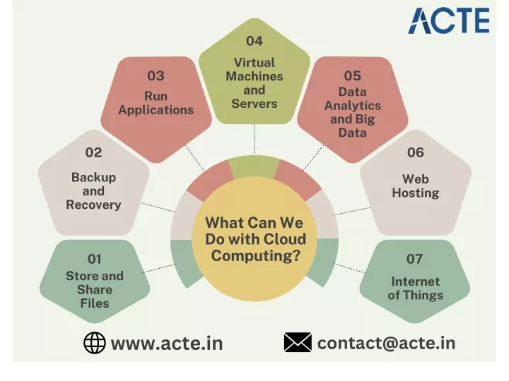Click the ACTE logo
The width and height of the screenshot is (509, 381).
click(x=449, y=20)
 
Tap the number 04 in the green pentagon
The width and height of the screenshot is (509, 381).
click(x=255, y=41)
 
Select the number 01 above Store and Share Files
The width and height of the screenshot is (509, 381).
click(x=95, y=259)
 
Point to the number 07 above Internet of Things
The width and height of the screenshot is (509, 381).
click(x=414, y=259)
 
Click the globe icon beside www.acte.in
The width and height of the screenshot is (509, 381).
click(x=95, y=343)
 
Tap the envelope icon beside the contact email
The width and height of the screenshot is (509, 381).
click(x=298, y=342)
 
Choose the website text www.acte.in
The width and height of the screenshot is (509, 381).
click(x=167, y=344)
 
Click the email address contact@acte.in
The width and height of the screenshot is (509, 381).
click(x=386, y=344)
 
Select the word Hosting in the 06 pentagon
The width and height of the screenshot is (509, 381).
click(x=416, y=193)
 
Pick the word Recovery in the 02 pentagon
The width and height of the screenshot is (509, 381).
click(x=93, y=205)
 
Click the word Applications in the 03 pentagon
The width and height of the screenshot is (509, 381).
click(x=156, y=110)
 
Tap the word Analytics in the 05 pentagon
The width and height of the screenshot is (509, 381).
click(x=353, y=106)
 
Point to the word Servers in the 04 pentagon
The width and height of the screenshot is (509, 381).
click(x=255, y=104)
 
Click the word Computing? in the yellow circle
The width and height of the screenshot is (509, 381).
click(x=255, y=256)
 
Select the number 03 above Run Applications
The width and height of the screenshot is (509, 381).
click(x=156, y=76)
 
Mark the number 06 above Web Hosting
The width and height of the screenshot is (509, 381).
click(x=416, y=152)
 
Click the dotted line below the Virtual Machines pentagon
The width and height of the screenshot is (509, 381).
click(x=255, y=139)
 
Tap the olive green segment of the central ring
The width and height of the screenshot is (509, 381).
click(x=255, y=167)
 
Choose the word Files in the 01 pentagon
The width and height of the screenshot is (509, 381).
click(x=95, y=303)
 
